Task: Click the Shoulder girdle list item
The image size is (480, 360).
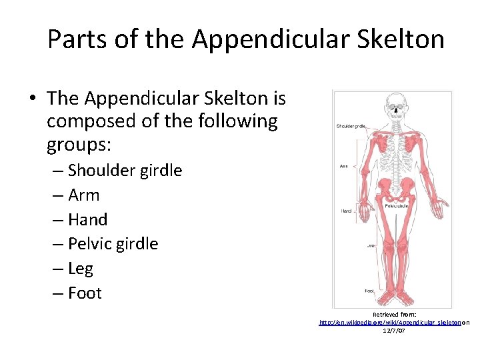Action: click(x=125, y=171)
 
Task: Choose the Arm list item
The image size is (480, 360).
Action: click(x=84, y=195)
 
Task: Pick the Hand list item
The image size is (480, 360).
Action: click(x=87, y=220)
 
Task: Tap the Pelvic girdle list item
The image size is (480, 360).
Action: click(x=113, y=244)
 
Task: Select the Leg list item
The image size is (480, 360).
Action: click(x=81, y=269)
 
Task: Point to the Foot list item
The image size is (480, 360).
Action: click(x=85, y=293)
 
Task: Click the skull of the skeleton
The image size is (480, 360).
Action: click(x=396, y=107)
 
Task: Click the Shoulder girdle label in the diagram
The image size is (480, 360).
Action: click(x=351, y=125)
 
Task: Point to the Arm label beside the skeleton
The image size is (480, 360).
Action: click(x=344, y=166)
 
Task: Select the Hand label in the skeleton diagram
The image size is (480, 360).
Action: click(x=347, y=211)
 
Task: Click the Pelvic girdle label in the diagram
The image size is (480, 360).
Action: click(x=395, y=206)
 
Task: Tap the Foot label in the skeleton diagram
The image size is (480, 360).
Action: click(x=369, y=291)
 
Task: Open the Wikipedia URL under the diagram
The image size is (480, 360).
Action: click(x=390, y=322)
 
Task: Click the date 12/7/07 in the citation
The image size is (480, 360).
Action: click(x=394, y=331)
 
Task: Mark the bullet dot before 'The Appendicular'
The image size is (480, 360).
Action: click(x=32, y=99)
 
